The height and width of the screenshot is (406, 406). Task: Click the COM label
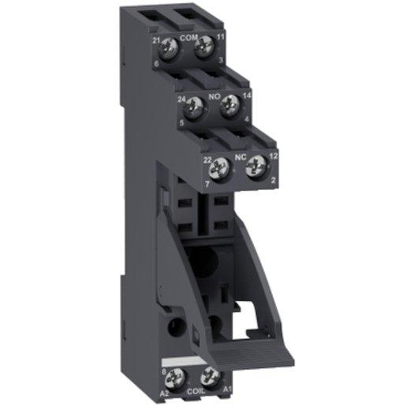tap(188, 37)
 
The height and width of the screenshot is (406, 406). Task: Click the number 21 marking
tap(155, 39)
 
